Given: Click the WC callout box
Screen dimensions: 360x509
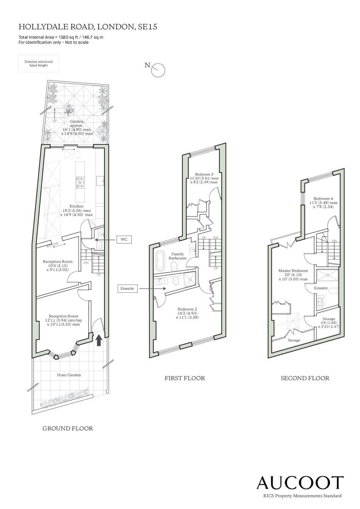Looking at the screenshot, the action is point(124,239).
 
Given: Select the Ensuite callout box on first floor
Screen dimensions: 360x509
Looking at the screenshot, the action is point(127,288).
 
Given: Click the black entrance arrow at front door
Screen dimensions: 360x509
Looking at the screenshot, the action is point(99,340).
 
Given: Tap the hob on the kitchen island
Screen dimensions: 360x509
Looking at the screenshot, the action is point(80,182).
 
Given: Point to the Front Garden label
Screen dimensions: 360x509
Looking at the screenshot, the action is point(69,375).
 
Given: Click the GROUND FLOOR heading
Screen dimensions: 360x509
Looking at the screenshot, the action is point(68,428).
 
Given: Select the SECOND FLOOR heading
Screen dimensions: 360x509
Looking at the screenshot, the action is point(305,378).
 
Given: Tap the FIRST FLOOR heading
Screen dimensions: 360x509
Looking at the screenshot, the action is point(185,378).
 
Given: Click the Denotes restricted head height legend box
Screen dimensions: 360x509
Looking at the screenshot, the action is point(39,63).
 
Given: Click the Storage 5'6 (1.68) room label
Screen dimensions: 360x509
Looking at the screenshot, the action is point(329,323).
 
